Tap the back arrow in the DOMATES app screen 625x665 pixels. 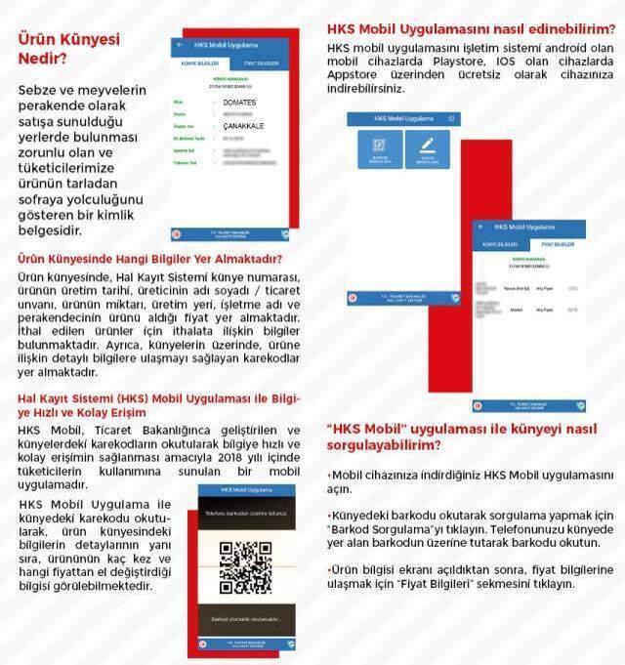point(180,46)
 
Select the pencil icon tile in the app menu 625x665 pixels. point(426,149)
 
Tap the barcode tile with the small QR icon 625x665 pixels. point(380,149)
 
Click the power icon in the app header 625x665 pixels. point(450,117)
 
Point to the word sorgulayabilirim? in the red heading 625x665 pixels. point(383,445)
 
